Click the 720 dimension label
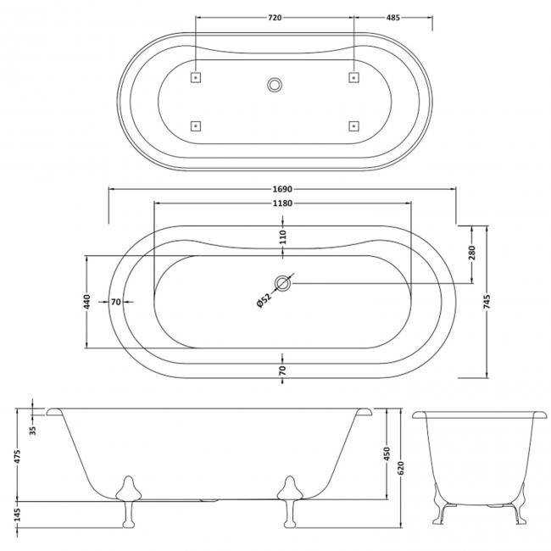275,17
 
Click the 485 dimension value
392,17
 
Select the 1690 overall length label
282,189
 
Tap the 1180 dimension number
282,203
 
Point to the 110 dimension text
283,237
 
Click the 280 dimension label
471,253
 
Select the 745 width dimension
487,302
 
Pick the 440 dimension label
87,302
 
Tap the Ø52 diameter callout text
264,300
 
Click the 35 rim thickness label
32,430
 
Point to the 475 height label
18,456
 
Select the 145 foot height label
18,515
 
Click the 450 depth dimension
387,454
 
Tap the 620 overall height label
401,467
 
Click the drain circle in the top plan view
275,85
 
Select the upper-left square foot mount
195,77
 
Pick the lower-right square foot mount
353,125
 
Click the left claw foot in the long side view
128,501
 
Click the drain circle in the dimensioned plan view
282,283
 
